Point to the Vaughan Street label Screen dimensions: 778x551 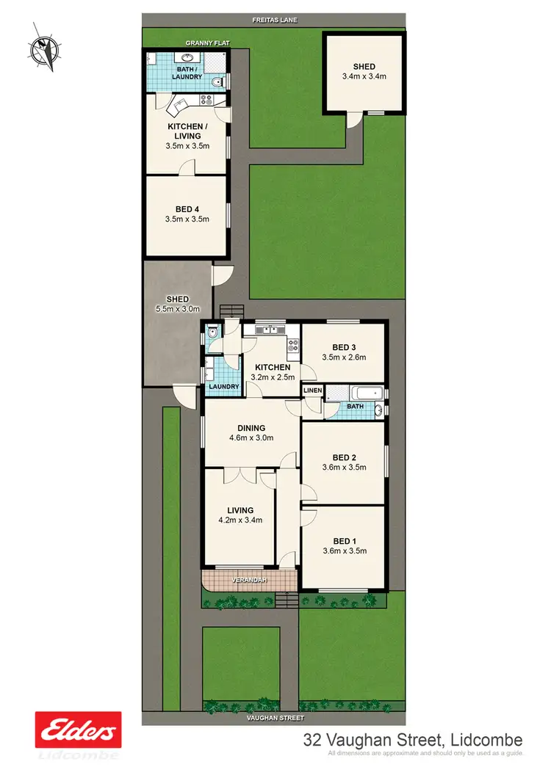click(275, 720)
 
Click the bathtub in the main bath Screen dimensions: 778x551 click(356, 391)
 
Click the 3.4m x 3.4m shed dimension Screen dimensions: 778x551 click(364, 76)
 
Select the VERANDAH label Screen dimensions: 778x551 click(249, 580)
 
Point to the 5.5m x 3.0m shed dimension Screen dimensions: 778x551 click(177, 308)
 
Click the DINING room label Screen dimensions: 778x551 click(251, 428)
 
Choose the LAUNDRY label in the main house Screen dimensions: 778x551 click(223, 387)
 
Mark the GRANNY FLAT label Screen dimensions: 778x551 click(207, 43)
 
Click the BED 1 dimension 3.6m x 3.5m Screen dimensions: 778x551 click(343, 550)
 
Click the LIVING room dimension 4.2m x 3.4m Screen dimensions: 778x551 click(240, 520)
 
